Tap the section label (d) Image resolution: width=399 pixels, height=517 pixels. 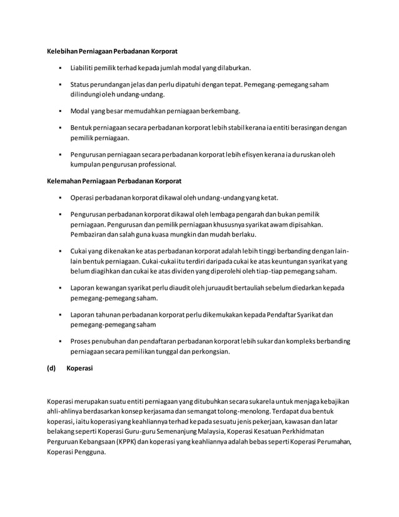(52, 368)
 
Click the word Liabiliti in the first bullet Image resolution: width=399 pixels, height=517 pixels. (83, 67)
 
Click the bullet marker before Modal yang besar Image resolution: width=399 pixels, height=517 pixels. (59, 111)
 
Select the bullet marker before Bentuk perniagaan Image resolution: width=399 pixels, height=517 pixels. (59, 129)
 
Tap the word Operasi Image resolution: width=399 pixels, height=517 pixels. (83, 198)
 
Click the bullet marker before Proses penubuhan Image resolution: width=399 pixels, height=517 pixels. (59, 342)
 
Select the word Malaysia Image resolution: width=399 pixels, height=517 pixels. (220, 431)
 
